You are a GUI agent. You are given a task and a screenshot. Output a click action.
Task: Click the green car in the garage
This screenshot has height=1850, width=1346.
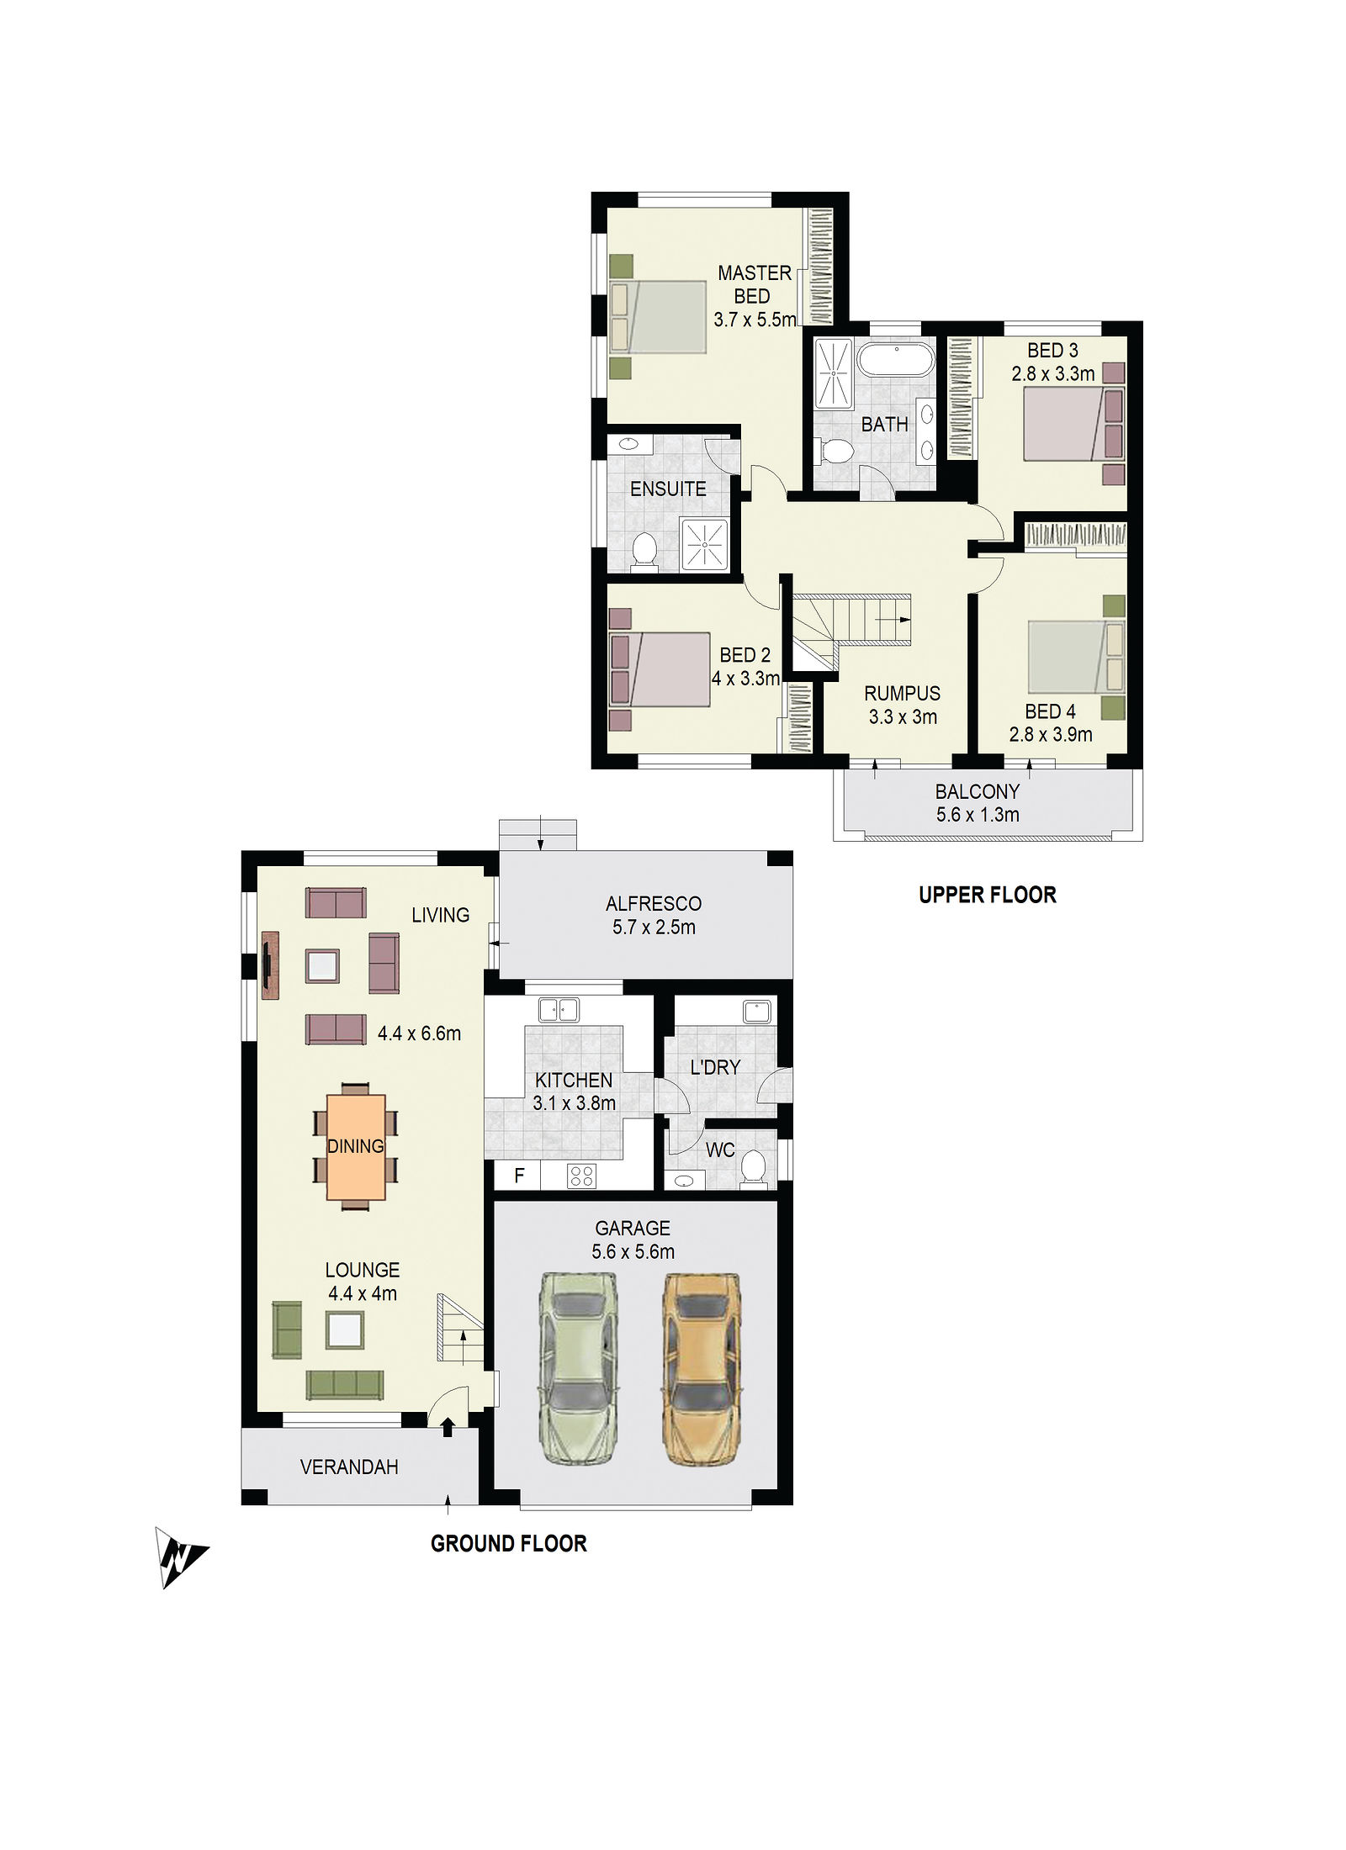(577, 1368)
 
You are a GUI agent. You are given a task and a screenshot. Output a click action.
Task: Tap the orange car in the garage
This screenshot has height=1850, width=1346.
(702, 1368)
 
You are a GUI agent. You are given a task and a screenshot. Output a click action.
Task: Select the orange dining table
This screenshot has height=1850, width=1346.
(356, 1146)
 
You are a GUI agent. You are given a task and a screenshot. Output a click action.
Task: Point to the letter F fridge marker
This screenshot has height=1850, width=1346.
(519, 1175)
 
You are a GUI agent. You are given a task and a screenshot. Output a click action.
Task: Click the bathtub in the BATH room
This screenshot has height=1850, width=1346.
(896, 360)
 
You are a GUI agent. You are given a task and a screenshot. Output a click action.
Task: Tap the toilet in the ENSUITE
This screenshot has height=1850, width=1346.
(644, 552)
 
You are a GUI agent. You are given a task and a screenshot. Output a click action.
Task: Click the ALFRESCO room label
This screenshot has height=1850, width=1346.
(654, 904)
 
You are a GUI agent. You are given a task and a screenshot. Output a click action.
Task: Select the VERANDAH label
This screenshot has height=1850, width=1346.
(349, 1467)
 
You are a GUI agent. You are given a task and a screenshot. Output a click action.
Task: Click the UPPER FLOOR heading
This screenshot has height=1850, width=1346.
(988, 895)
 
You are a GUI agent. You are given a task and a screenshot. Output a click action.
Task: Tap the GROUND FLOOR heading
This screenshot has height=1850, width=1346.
(509, 1544)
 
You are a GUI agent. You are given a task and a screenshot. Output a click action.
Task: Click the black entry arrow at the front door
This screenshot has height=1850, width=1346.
(448, 1426)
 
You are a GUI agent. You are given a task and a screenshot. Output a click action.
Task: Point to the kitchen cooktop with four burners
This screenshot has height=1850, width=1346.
(582, 1175)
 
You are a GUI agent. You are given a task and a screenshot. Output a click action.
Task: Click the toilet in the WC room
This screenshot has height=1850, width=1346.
(753, 1167)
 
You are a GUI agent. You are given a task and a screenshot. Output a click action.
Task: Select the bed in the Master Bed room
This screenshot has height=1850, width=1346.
(658, 317)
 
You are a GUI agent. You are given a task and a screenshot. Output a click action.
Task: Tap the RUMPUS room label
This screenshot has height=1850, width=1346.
(903, 694)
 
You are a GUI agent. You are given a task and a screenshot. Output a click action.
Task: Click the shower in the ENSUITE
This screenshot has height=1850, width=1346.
(703, 544)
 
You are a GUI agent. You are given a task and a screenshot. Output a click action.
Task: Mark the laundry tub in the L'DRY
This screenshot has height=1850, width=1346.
(757, 1012)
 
